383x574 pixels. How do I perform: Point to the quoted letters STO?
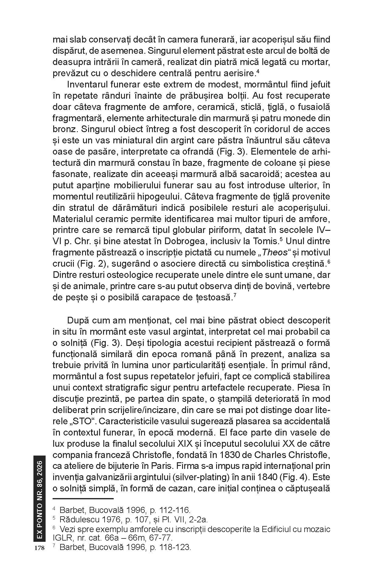click(x=67, y=422)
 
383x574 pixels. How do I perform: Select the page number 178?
click(x=40, y=548)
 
